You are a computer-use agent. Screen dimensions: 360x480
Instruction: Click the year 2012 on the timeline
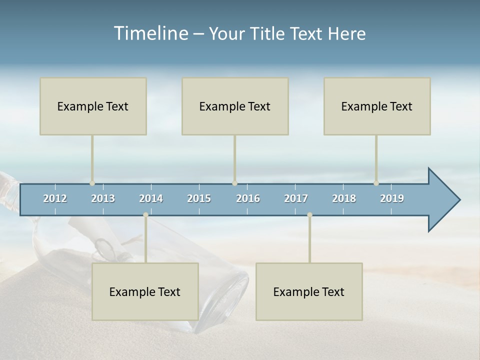pos(55,198)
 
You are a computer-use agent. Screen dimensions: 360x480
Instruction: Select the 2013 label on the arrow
pos(103,198)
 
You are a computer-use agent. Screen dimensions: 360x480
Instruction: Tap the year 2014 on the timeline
pos(151,198)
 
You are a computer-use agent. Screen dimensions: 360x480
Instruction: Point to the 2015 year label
pos(199,198)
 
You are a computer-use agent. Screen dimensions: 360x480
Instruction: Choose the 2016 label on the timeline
pos(248,198)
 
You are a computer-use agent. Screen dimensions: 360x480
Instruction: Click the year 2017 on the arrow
pos(296,198)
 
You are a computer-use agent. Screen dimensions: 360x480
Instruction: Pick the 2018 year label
pos(344,198)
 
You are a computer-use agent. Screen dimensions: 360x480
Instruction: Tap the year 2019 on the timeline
pos(392,198)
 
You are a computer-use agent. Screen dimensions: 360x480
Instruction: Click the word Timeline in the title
pos(150,33)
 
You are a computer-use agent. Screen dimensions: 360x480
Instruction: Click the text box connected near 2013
pos(93,106)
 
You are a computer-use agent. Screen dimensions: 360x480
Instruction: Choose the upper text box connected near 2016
pos(235,106)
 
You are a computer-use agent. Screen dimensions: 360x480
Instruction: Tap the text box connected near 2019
pos(377,106)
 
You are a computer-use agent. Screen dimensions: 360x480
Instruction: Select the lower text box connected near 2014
pos(145,292)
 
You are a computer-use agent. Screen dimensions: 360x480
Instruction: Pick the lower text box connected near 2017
pos(309,292)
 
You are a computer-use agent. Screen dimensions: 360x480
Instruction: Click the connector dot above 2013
pos(92,183)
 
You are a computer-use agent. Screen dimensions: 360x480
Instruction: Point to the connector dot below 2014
pos(145,215)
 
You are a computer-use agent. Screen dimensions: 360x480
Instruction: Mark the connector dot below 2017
pos(309,215)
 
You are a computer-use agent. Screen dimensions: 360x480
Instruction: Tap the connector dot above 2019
pos(376,183)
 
